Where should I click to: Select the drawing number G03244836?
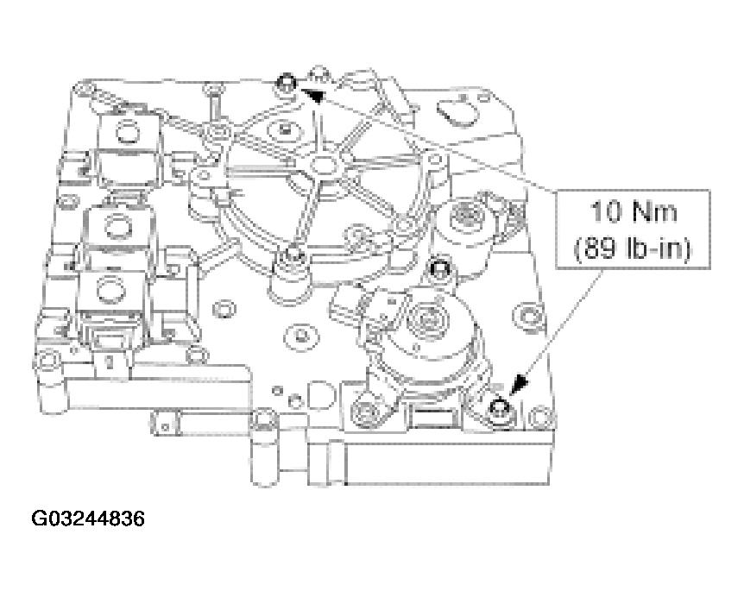pos(89,519)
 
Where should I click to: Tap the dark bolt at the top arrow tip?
pos(287,84)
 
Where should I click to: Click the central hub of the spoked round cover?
pos(325,164)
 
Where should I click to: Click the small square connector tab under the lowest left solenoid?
pos(110,359)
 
